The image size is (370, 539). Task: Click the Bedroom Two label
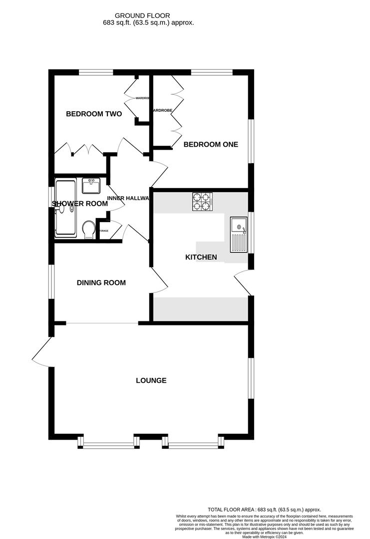click(x=94, y=114)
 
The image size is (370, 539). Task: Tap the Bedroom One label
click(x=211, y=145)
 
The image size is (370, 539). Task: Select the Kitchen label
click(x=201, y=258)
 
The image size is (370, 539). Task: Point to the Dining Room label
click(x=101, y=282)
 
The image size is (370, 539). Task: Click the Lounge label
click(x=151, y=381)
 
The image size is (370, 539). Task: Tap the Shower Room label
click(x=80, y=204)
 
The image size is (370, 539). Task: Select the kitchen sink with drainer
click(x=239, y=235)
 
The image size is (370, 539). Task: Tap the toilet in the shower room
click(x=89, y=230)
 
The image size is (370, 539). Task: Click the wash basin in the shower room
click(x=91, y=186)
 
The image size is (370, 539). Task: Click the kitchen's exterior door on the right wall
click(x=242, y=283)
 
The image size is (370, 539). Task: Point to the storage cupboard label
click(x=103, y=231)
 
